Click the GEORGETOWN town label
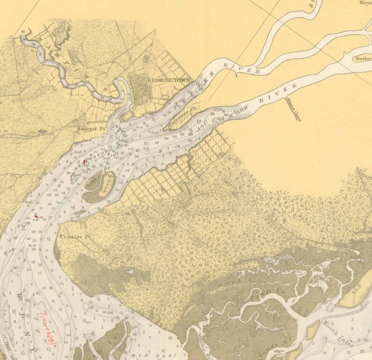(x=169, y=80)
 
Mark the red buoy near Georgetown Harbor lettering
(x=84, y=161)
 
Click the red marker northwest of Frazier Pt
(x=37, y=216)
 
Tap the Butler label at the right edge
(x=363, y=59)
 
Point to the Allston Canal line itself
(x=290, y=106)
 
